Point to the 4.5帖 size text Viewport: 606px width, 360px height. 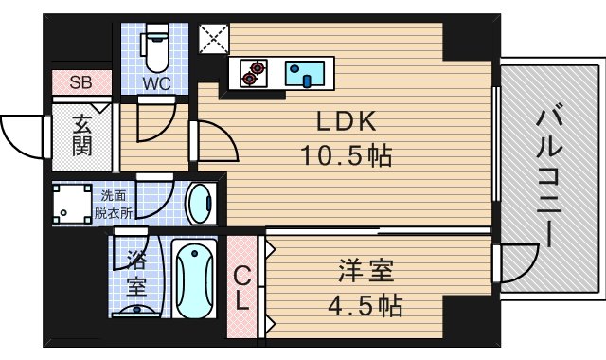click(x=365, y=305)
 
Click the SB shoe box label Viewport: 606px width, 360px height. click(x=80, y=81)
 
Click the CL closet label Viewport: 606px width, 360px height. click(x=242, y=287)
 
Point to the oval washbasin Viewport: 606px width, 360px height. click(x=200, y=204)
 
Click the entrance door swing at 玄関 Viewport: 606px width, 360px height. click(x=25, y=136)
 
